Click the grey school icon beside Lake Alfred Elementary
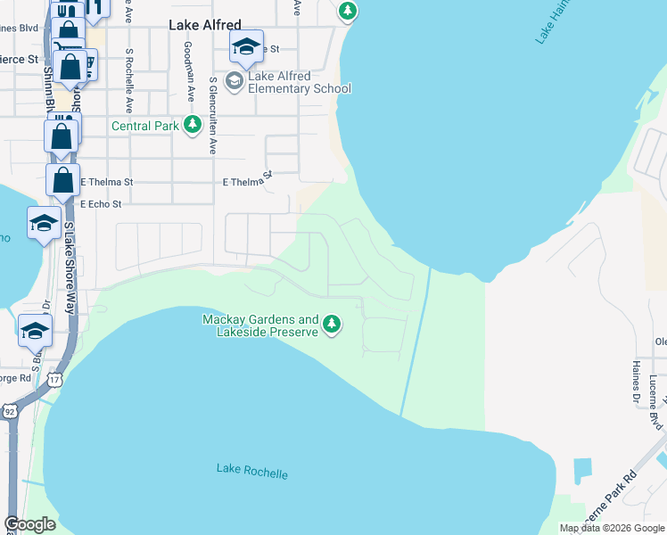(235, 82)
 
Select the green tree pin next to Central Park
(193, 126)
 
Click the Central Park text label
(145, 127)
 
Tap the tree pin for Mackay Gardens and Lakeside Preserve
(332, 324)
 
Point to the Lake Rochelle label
(252, 471)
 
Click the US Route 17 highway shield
(56, 381)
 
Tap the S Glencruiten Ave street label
(213, 116)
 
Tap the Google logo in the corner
(29, 525)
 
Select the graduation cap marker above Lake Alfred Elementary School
(246, 46)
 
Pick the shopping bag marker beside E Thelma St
(63, 179)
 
